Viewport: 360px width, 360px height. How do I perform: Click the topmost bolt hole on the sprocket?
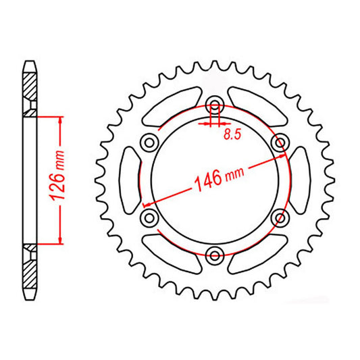(x=215, y=105)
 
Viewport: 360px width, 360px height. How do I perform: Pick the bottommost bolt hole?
(x=215, y=254)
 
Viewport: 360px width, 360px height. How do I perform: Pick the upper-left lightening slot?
(x=172, y=105)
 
